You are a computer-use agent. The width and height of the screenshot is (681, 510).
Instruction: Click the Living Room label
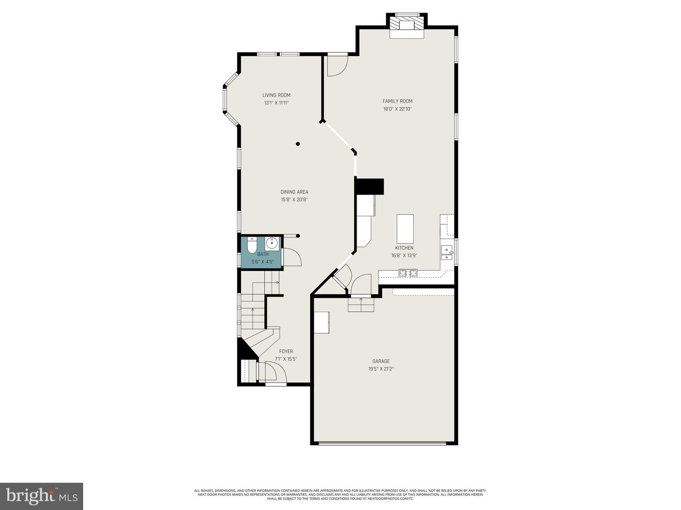(x=276, y=95)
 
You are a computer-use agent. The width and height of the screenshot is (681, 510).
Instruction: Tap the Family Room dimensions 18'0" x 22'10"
(x=397, y=109)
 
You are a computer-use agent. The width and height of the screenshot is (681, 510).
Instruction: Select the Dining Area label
(x=294, y=192)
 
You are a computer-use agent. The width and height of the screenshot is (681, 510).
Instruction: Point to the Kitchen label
(x=404, y=248)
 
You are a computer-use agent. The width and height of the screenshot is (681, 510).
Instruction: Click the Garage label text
(x=381, y=361)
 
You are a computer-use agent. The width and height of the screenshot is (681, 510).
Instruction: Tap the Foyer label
(x=286, y=351)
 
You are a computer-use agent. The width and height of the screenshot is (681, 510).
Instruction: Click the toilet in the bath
(x=252, y=245)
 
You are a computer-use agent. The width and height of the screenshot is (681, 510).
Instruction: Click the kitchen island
(x=405, y=229)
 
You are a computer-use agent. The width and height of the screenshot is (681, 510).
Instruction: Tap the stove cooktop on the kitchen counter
(x=408, y=273)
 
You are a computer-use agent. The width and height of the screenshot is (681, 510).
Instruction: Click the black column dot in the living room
(x=297, y=144)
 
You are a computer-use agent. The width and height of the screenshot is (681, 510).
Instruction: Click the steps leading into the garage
(x=361, y=305)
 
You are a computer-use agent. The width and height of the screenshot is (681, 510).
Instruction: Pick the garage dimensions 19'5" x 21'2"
(x=381, y=369)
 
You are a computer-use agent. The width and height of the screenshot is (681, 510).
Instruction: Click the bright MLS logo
(x=41, y=496)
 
